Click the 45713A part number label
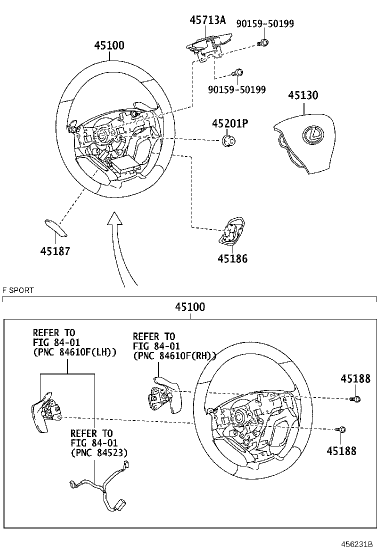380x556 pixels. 207,20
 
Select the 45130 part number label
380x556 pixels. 302,95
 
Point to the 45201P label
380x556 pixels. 229,123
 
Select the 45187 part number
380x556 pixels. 55,251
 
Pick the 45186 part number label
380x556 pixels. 232,259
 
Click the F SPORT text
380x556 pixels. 18,290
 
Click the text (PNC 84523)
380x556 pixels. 99,453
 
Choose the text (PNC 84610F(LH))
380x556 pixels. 75,352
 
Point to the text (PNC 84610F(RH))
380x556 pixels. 174,355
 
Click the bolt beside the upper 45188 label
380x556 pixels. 357,398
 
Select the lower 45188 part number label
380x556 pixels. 341,451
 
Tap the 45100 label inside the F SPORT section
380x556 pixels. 190,307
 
